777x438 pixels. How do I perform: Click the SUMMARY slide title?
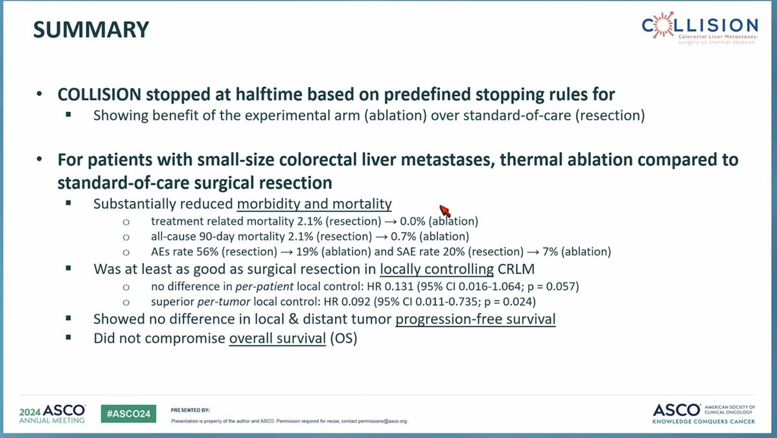[x=91, y=30]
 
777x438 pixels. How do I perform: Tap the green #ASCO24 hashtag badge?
[x=128, y=414]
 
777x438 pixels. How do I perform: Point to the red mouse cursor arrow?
[x=445, y=211]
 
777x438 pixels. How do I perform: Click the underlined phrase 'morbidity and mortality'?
[x=314, y=204]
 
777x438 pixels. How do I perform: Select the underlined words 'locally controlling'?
[x=437, y=269]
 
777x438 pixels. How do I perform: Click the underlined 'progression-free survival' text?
[x=475, y=319]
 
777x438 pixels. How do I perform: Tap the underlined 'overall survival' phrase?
[x=277, y=338]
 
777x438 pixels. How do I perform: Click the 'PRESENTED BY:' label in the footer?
[x=191, y=410]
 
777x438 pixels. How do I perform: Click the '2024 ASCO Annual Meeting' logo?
[x=52, y=414]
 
